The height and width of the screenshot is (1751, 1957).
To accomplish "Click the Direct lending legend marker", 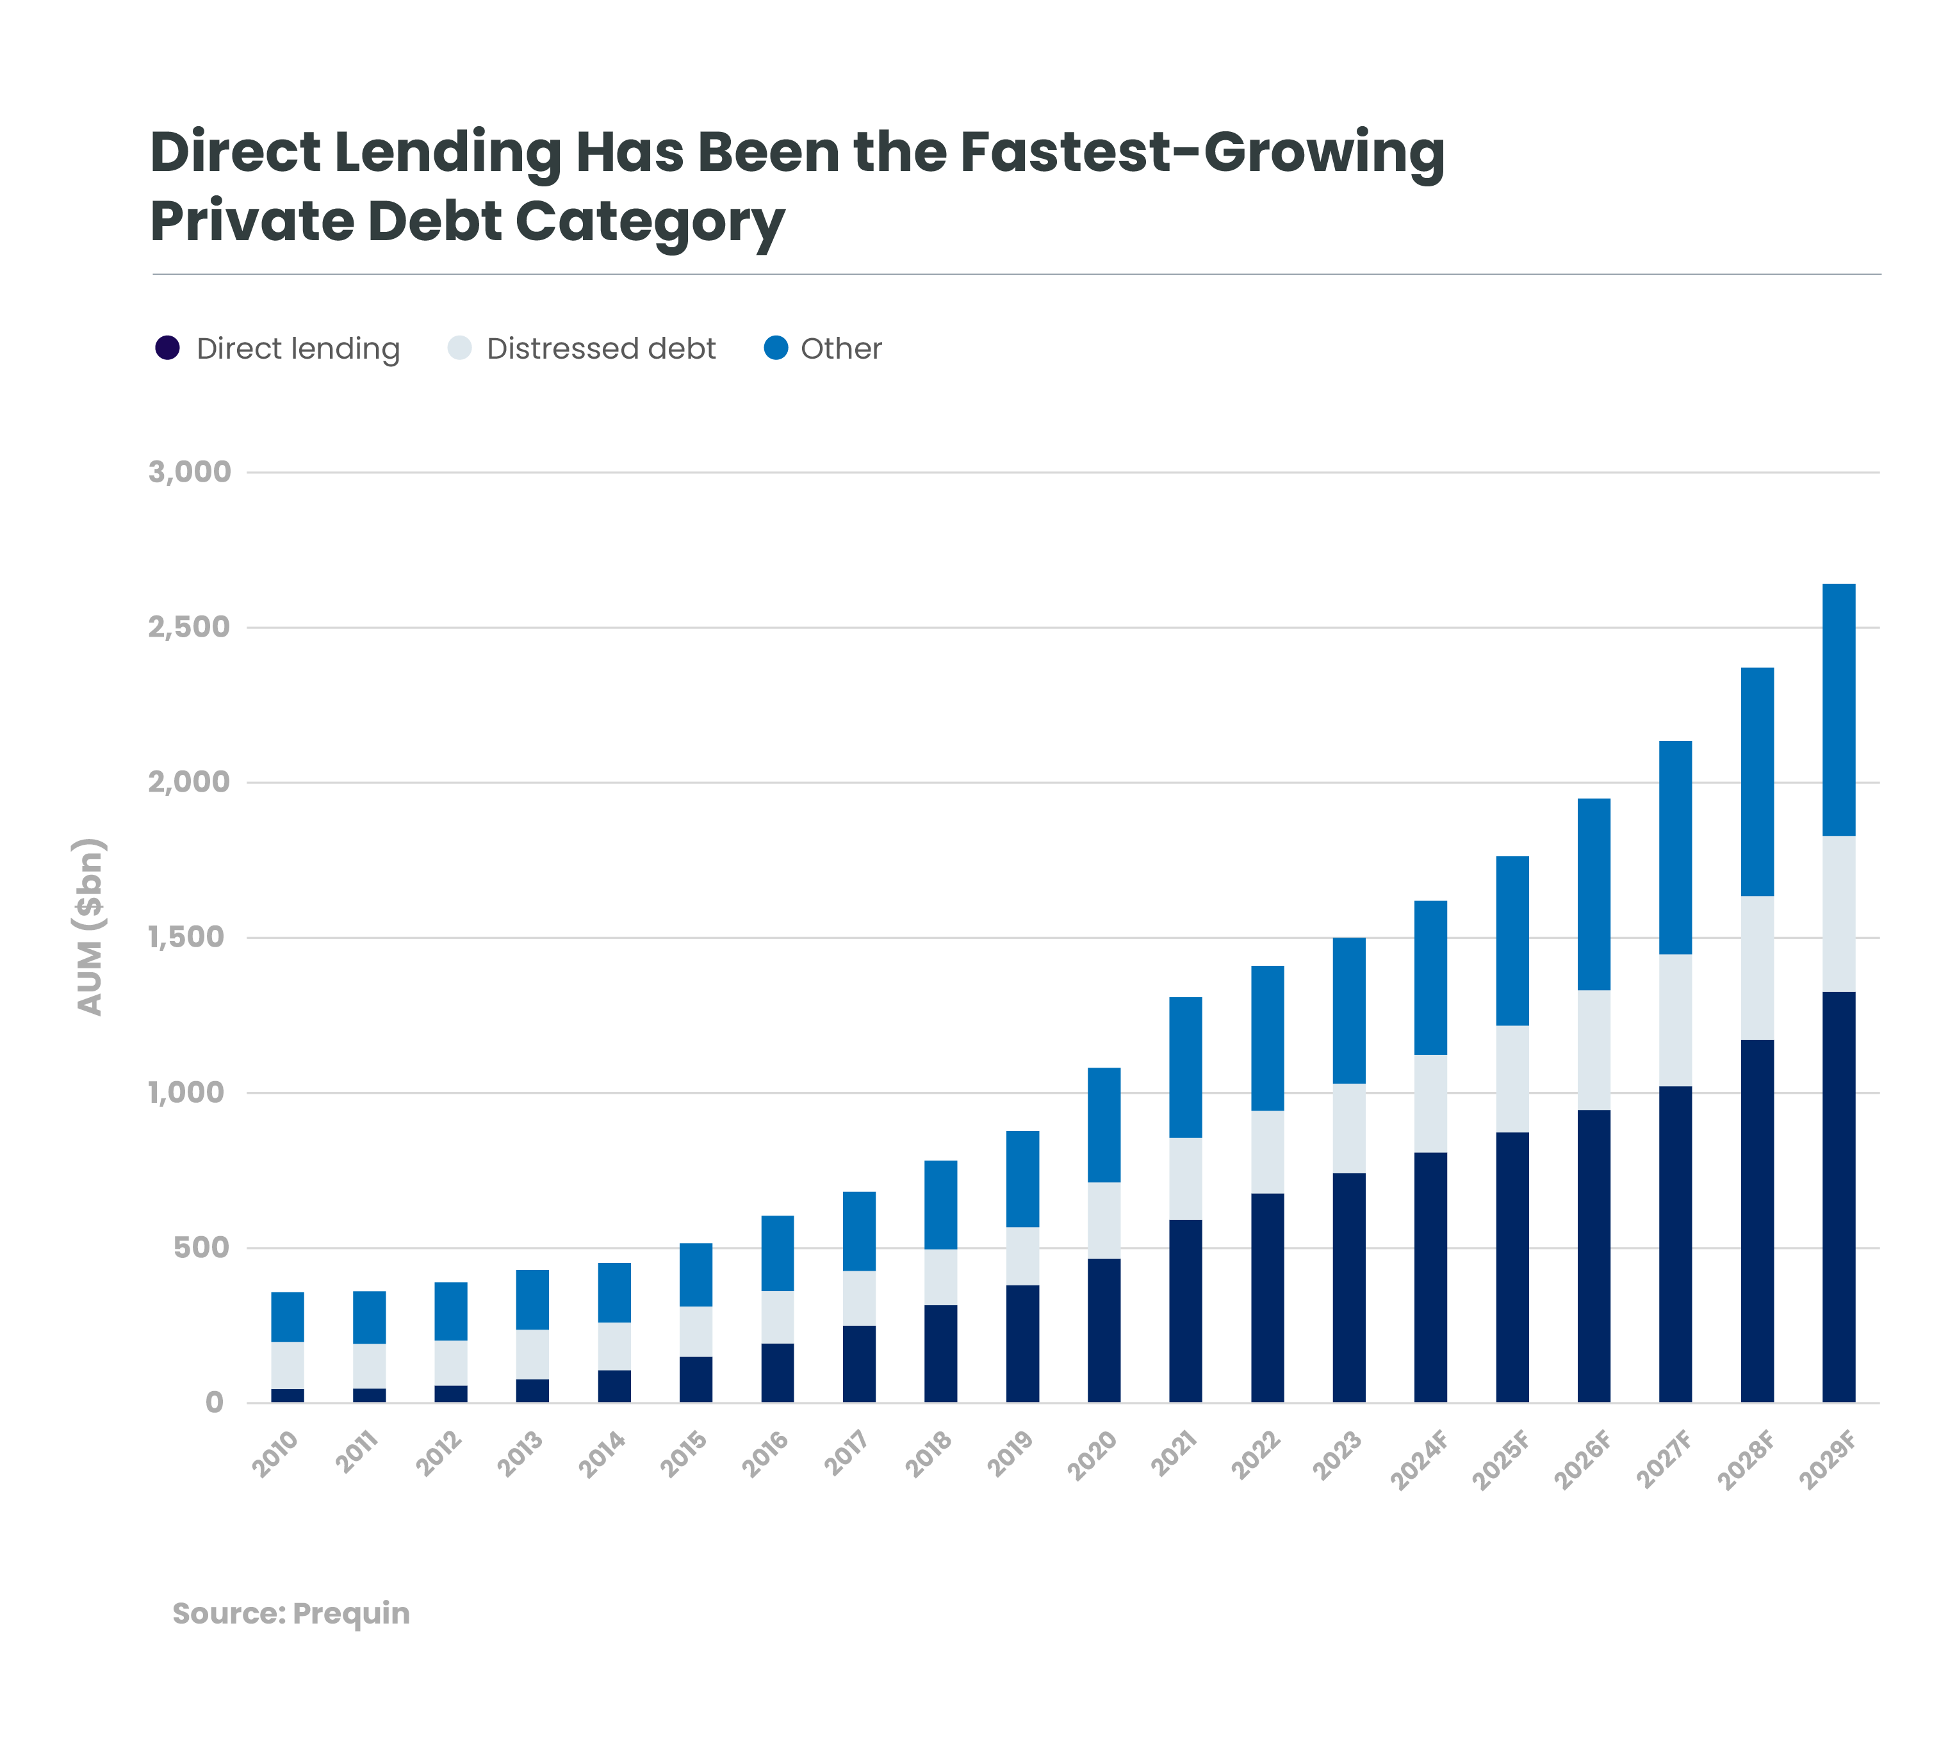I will [167, 348].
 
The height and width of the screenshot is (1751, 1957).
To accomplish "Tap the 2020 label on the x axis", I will [1093, 1454].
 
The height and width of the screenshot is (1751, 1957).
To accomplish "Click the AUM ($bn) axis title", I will [90, 927].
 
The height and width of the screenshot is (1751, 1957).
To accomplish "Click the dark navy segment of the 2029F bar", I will [1838, 1197].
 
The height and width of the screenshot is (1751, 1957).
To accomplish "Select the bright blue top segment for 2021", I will [1185, 1067].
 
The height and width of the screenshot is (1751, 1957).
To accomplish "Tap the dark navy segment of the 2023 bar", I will [1349, 1287].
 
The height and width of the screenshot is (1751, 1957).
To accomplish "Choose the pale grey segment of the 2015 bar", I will [696, 1332].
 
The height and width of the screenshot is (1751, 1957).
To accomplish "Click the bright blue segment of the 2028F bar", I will [1757, 781].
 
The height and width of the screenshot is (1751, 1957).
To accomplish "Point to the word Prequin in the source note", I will [350, 1613].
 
